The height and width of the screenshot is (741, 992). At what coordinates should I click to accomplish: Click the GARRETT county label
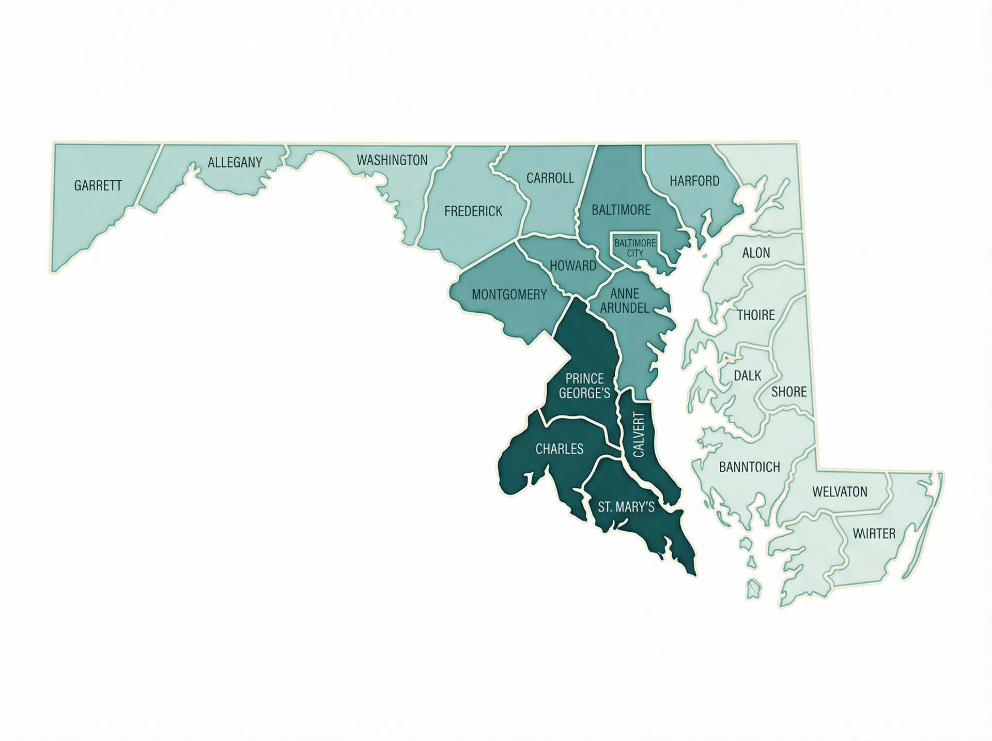(x=98, y=186)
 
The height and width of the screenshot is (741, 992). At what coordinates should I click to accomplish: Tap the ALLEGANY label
(x=235, y=162)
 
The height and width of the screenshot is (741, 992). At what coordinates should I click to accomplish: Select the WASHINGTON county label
(x=392, y=160)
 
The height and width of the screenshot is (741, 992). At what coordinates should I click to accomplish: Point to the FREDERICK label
(x=473, y=211)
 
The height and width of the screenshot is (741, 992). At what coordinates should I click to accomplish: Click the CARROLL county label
(x=550, y=178)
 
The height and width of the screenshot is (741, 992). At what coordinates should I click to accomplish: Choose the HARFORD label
(x=694, y=181)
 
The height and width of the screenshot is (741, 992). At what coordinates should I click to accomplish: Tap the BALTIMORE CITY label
(x=635, y=248)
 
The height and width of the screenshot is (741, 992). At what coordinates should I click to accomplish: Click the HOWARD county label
(x=573, y=266)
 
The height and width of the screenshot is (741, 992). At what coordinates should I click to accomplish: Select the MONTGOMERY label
(x=509, y=295)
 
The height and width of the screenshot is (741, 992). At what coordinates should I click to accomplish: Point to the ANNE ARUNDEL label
(x=625, y=300)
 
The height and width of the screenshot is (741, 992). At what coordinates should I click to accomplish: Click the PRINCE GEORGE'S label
(x=584, y=386)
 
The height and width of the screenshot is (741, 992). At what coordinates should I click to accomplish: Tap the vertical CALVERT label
(x=639, y=435)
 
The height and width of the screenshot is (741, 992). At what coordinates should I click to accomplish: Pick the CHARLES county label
(x=559, y=449)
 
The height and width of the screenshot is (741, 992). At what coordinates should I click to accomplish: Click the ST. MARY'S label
(x=626, y=507)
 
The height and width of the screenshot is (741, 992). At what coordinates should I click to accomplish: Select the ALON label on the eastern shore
(x=756, y=253)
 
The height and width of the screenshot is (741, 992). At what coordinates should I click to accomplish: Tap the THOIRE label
(x=755, y=315)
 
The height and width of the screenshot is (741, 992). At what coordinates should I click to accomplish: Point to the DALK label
(x=747, y=376)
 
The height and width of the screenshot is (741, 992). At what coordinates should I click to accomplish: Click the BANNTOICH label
(x=749, y=467)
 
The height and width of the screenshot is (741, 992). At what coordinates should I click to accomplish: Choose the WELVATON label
(x=840, y=491)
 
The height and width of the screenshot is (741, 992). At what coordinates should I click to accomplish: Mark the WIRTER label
(x=874, y=533)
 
